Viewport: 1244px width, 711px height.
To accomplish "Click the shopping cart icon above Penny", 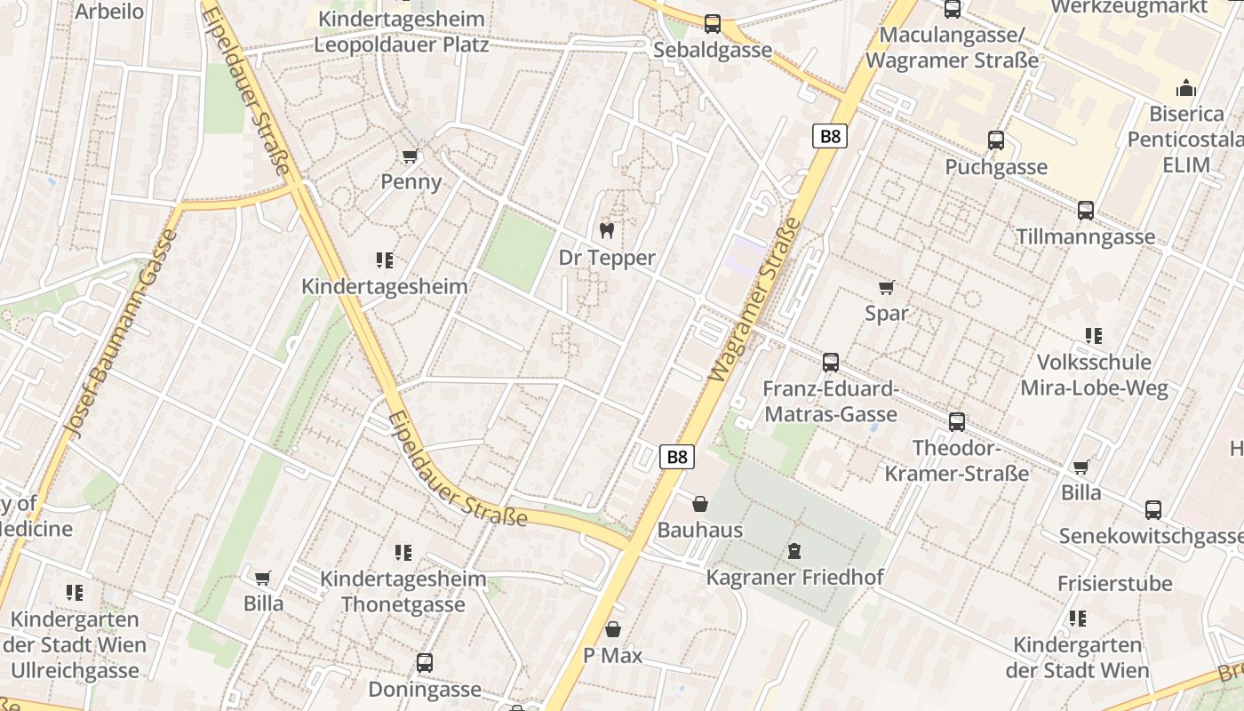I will click(410, 156).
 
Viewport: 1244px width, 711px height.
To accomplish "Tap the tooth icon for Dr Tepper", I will click(607, 231).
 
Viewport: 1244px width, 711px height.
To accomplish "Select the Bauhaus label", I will click(699, 531).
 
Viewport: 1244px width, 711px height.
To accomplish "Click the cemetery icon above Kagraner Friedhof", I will click(794, 552).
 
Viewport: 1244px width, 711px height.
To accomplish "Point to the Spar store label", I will click(887, 313).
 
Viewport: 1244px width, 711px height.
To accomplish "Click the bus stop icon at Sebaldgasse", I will click(713, 24).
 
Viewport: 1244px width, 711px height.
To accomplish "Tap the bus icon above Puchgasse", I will click(996, 140).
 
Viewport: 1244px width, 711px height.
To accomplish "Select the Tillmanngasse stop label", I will click(1086, 236).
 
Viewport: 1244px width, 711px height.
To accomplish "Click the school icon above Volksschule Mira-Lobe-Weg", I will click(1094, 336).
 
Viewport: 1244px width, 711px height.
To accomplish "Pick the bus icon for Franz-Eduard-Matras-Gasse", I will click(831, 363).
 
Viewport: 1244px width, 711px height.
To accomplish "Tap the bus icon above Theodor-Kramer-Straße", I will click(957, 421).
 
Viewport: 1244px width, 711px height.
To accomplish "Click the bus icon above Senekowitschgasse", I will click(1153, 510).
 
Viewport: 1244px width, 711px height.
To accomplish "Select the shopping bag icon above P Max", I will click(613, 630).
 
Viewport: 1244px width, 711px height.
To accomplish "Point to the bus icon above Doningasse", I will click(425, 663).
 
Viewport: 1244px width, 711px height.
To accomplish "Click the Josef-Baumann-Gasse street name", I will click(121, 334).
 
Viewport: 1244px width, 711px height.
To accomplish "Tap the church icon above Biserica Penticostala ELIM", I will click(1186, 88).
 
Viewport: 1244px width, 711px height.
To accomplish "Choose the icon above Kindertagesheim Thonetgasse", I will click(403, 553).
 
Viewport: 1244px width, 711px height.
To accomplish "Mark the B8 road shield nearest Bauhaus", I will click(677, 457).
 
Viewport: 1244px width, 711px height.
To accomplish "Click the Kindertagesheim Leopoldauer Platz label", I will click(402, 31).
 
